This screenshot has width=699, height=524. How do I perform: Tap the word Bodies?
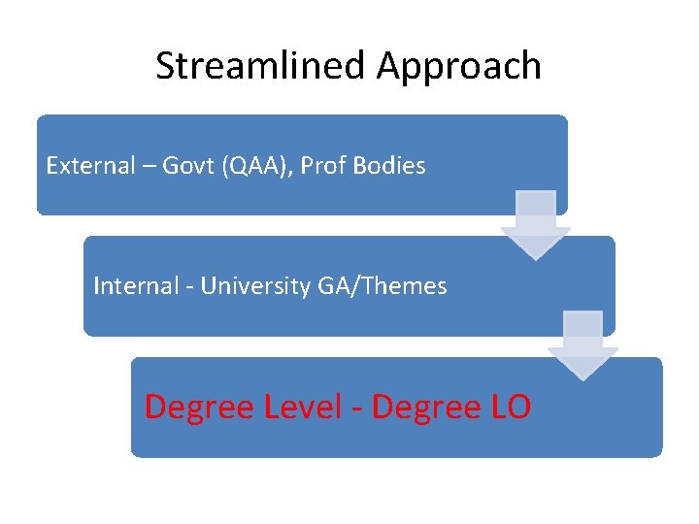(x=389, y=166)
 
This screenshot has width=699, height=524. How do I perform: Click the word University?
(x=256, y=287)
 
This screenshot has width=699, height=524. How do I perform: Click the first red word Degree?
(x=200, y=408)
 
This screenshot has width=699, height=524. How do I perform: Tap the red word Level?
(x=303, y=407)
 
